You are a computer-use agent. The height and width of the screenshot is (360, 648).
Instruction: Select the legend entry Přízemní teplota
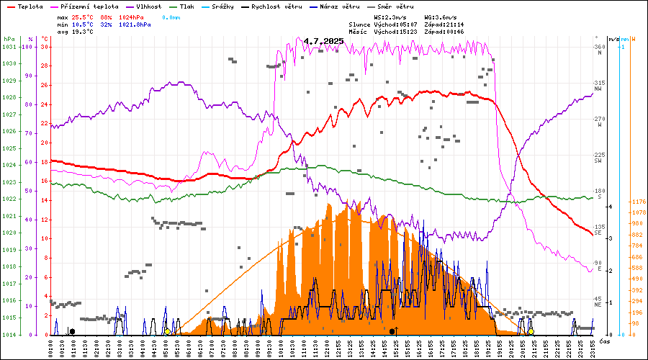[84, 6]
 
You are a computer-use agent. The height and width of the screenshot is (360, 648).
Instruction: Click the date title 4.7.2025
[323, 41]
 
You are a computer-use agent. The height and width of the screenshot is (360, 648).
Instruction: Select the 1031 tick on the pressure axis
[9, 47]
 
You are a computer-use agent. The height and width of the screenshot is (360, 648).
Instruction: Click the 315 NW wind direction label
[599, 86]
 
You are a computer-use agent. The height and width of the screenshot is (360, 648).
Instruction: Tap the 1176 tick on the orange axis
[638, 202]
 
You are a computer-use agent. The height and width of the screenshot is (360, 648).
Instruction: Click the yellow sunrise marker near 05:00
[167, 331]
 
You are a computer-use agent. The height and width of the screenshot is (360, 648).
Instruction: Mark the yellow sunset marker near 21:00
[531, 331]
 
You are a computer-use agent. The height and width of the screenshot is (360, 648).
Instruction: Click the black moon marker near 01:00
[71, 331]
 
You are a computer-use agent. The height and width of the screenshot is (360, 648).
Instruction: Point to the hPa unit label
[9, 38]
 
